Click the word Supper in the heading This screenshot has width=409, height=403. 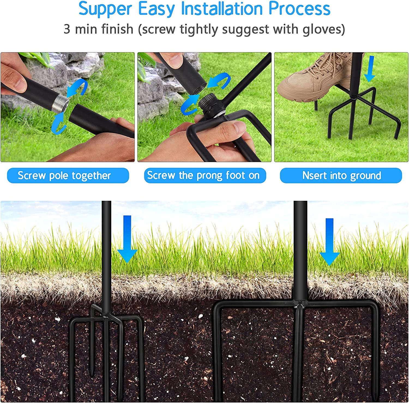tap(105, 9)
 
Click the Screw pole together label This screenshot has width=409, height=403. tap(68, 175)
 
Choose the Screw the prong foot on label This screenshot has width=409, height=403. tap(205, 175)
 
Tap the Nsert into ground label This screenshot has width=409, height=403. tap(341, 175)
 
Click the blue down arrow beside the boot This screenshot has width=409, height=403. tap(370, 68)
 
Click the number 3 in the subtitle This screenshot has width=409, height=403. tap(67, 29)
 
